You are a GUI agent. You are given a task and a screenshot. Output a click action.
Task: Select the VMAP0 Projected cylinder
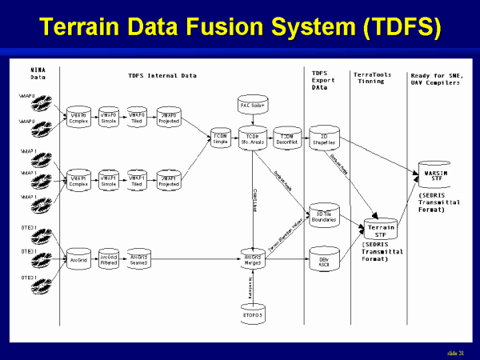(170, 114)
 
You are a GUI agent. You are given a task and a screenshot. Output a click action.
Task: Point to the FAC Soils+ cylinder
(253, 106)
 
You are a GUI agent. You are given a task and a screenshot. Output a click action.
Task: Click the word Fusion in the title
(232, 26)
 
